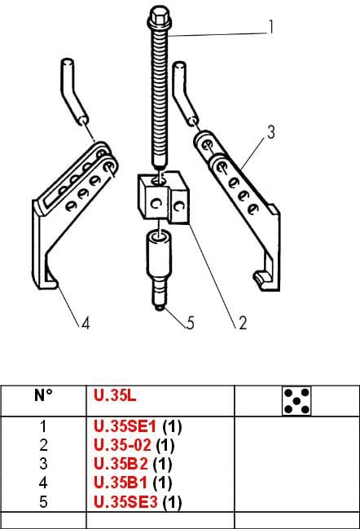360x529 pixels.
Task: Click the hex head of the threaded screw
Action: [x=160, y=17]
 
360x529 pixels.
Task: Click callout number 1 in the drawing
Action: [x=270, y=27]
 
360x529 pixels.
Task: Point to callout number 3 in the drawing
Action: [x=271, y=132]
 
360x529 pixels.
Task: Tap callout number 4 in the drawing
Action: [x=86, y=324]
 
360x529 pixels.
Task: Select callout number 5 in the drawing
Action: [x=191, y=323]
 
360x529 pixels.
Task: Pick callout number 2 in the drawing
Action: [x=243, y=323]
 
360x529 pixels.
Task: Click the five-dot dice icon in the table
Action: [x=296, y=401]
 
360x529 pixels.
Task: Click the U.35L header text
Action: [x=115, y=395]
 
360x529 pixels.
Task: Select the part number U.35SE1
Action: [x=125, y=427]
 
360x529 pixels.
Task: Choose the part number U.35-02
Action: [x=122, y=445]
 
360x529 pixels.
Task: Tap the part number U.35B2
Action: [x=121, y=464]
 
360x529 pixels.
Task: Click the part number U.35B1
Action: [x=121, y=483]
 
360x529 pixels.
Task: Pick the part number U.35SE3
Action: [x=125, y=501]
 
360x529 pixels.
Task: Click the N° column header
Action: [x=43, y=395]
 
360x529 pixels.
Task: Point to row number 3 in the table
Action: [x=43, y=464]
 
